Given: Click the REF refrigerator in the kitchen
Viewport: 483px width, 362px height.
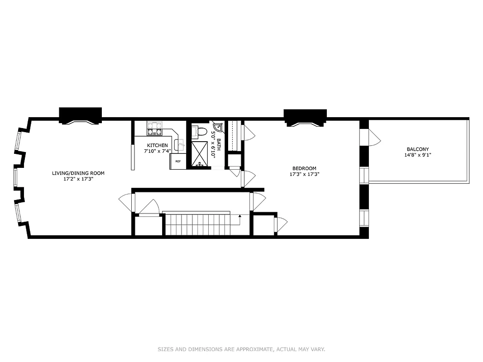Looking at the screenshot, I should pos(178,162).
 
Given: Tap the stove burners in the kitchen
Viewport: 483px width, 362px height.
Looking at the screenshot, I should pos(154,129).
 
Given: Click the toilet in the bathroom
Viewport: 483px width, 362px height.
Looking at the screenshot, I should pos(201,132).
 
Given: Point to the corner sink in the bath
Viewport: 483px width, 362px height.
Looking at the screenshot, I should pos(218,127).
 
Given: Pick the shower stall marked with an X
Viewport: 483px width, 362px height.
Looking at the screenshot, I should pos(200,153).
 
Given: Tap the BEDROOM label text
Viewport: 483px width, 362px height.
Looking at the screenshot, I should pos(303,168).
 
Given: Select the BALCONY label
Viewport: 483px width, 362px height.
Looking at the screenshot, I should pos(417,149).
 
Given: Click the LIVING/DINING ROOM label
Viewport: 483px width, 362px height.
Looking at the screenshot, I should pos(78,173).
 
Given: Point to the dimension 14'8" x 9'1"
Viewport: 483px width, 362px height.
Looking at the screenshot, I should pos(417,155).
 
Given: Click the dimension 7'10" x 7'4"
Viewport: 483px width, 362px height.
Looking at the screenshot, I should pos(156,151).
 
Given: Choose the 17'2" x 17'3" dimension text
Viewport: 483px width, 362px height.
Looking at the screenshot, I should pos(78,179).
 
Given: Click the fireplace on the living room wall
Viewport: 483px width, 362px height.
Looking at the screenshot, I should pos(80,115).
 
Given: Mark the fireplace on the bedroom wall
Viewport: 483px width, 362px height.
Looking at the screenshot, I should pos(305,117).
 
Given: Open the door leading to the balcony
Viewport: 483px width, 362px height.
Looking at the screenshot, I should pos(373,137).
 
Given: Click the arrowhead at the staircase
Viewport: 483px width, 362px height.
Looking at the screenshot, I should pos(240,217).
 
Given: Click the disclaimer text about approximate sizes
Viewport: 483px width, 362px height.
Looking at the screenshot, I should pos(241,349).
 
